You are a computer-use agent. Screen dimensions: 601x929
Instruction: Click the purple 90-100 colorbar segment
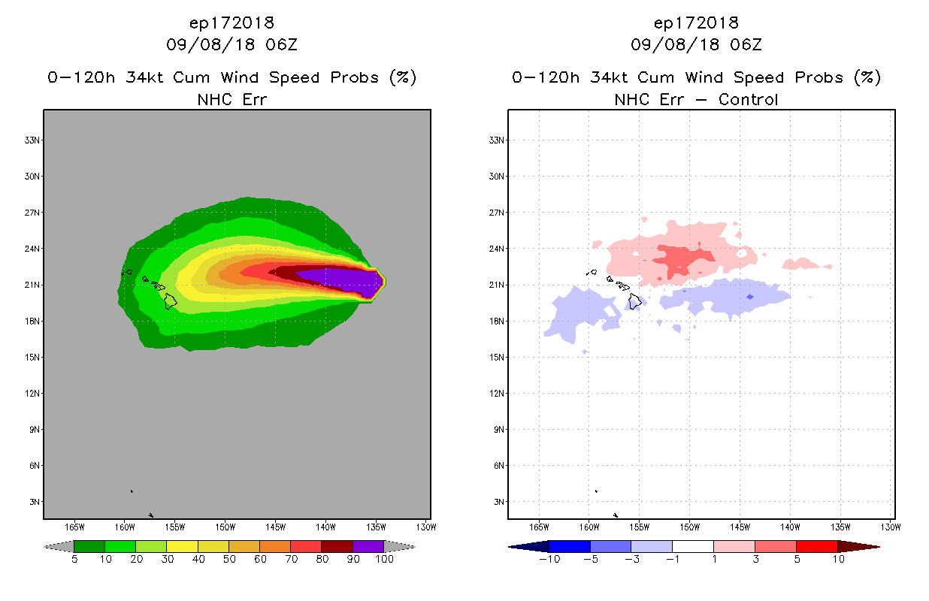point(368,546)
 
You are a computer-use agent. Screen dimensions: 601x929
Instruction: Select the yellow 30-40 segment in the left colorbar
point(182,546)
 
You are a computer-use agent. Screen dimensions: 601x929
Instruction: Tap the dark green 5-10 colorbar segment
point(89,546)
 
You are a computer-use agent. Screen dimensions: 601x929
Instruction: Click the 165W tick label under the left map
point(74,526)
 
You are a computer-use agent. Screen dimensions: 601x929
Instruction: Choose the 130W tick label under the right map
point(891,526)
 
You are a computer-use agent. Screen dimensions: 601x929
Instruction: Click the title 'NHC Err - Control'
point(696,99)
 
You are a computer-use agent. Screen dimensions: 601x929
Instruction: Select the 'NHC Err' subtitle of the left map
point(231,99)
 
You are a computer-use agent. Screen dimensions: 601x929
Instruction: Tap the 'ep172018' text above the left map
point(231,23)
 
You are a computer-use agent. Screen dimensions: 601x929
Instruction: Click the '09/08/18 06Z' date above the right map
point(696,45)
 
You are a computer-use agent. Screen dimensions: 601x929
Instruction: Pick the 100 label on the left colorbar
point(384,559)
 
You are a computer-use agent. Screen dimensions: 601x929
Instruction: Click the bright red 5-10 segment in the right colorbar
point(816,546)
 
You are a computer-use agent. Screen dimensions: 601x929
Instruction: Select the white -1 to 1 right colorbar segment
point(692,546)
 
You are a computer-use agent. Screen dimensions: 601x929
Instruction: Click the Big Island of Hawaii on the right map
point(635,301)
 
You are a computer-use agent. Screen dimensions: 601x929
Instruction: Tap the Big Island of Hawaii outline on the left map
point(171,300)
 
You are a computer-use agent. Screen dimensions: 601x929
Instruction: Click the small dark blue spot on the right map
point(749,297)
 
